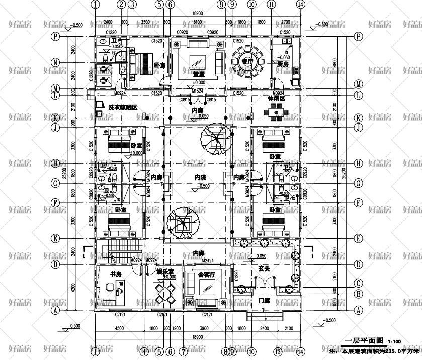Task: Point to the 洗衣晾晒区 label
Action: pos(123,107)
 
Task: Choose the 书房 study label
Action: pos(116,274)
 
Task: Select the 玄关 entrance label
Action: pos(264,269)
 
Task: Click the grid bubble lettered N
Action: pos(56,63)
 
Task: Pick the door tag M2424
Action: pos(208,260)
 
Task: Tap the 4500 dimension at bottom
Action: pos(119,328)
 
